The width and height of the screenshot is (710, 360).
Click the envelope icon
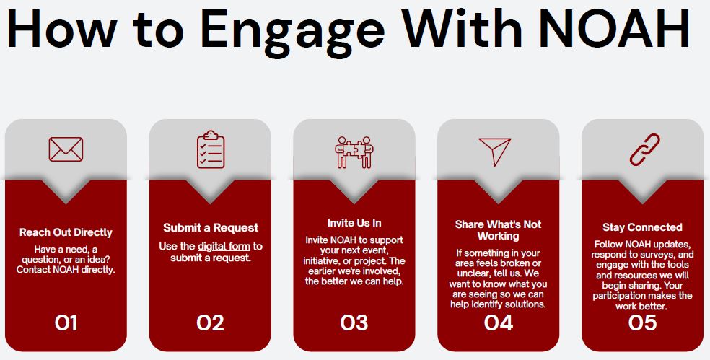66,149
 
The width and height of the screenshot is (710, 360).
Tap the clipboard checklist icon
211,149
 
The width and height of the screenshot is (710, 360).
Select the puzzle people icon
354,152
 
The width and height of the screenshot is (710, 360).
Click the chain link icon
645,149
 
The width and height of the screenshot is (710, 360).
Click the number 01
66,323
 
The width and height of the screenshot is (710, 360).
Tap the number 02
210,323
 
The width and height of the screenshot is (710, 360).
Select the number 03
354,323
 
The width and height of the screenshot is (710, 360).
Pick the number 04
498,323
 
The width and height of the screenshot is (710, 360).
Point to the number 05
642,323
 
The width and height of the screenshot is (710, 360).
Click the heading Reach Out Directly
66,233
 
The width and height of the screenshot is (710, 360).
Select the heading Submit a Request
211,227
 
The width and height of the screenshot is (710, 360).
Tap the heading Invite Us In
354,223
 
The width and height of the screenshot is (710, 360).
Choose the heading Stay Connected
642,227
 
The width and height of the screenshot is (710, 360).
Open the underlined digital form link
224,247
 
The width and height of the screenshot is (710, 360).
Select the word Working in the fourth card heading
498,236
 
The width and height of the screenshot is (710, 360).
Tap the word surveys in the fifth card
661,255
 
